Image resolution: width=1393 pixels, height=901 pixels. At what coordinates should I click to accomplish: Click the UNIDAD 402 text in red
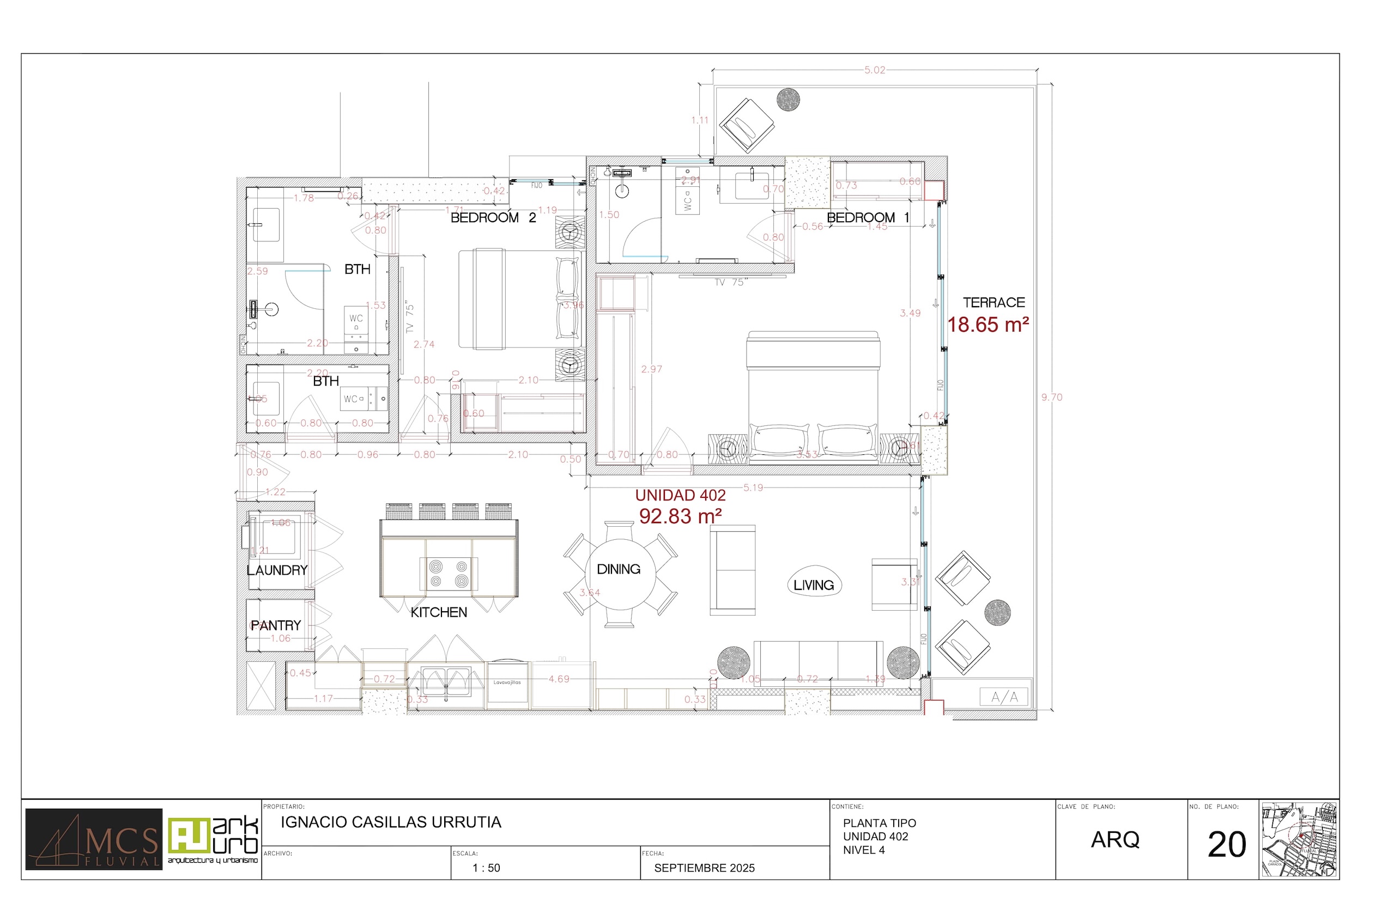point(680,495)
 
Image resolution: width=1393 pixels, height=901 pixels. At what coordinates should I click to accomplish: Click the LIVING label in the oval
point(814,585)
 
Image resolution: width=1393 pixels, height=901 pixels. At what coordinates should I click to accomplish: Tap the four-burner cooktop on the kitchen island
point(449,574)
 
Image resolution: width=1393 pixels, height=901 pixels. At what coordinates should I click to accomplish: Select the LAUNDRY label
point(277,570)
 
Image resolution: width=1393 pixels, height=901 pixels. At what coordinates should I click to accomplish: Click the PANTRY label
point(276,625)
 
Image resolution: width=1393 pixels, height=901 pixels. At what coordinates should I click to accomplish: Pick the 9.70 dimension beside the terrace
point(1052,397)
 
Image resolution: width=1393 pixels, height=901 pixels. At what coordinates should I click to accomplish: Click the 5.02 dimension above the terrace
point(874,70)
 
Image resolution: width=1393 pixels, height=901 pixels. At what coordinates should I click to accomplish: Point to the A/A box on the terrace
point(1004,697)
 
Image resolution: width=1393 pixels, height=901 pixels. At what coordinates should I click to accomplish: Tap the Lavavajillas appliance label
point(507,682)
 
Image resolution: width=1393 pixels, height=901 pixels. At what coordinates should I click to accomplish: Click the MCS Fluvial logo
point(94,839)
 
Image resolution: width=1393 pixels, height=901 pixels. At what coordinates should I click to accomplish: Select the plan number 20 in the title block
point(1226,844)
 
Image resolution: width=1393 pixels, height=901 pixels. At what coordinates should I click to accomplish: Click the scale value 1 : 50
point(486,868)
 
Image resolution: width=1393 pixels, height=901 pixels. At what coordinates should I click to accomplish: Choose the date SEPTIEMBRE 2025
point(704,868)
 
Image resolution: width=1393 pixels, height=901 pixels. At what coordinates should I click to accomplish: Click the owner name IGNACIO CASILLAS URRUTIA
point(391,822)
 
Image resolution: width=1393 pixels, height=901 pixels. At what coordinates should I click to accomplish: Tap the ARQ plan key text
point(1115,839)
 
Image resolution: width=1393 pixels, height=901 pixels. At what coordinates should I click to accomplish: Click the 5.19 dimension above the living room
point(753,488)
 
